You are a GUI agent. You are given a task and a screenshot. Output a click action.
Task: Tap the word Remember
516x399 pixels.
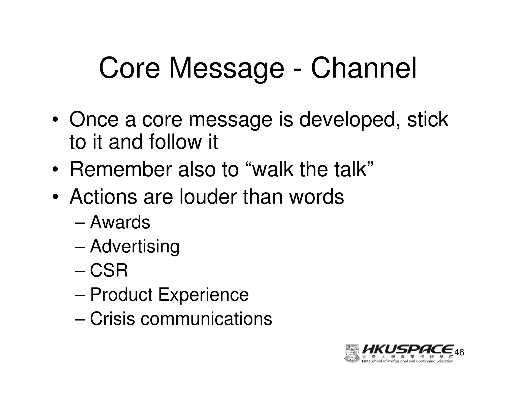[x=121, y=169]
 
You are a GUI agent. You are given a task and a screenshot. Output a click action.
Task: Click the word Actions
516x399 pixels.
[x=103, y=196]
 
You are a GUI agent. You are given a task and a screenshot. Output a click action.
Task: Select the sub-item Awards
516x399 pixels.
[x=120, y=222]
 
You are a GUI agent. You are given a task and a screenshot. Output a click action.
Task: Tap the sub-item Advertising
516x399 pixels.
[x=135, y=246]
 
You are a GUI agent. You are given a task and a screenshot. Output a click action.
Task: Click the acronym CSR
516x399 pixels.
[x=109, y=270]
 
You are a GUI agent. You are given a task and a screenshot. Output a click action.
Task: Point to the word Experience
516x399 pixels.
[x=203, y=295]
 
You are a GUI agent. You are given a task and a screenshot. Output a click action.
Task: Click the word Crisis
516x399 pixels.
[x=112, y=319]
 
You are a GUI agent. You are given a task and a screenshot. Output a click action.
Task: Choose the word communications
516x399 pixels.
[x=206, y=319]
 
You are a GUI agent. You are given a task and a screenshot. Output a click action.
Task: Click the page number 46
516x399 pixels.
[x=460, y=352]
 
